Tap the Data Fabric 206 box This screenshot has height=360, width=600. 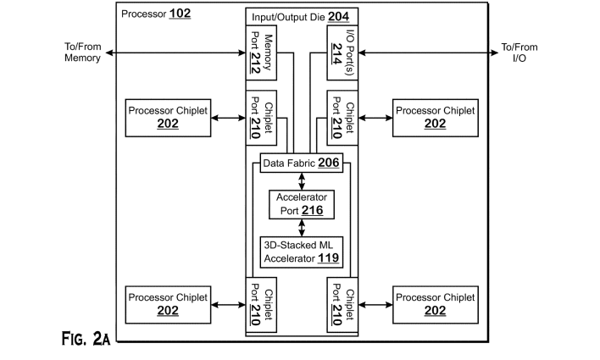click(302, 163)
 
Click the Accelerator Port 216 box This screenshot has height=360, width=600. click(302, 203)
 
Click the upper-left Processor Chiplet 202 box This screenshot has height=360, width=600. click(168, 117)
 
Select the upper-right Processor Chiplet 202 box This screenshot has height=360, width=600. click(436, 117)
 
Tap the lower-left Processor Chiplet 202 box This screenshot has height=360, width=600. click(168, 304)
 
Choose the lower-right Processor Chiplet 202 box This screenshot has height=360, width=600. click(436, 304)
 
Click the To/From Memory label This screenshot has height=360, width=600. click(82, 53)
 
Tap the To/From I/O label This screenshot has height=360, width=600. click(519, 53)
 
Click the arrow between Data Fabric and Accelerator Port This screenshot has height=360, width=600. click(302, 180)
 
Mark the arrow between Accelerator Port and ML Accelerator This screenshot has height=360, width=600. click(302, 226)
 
